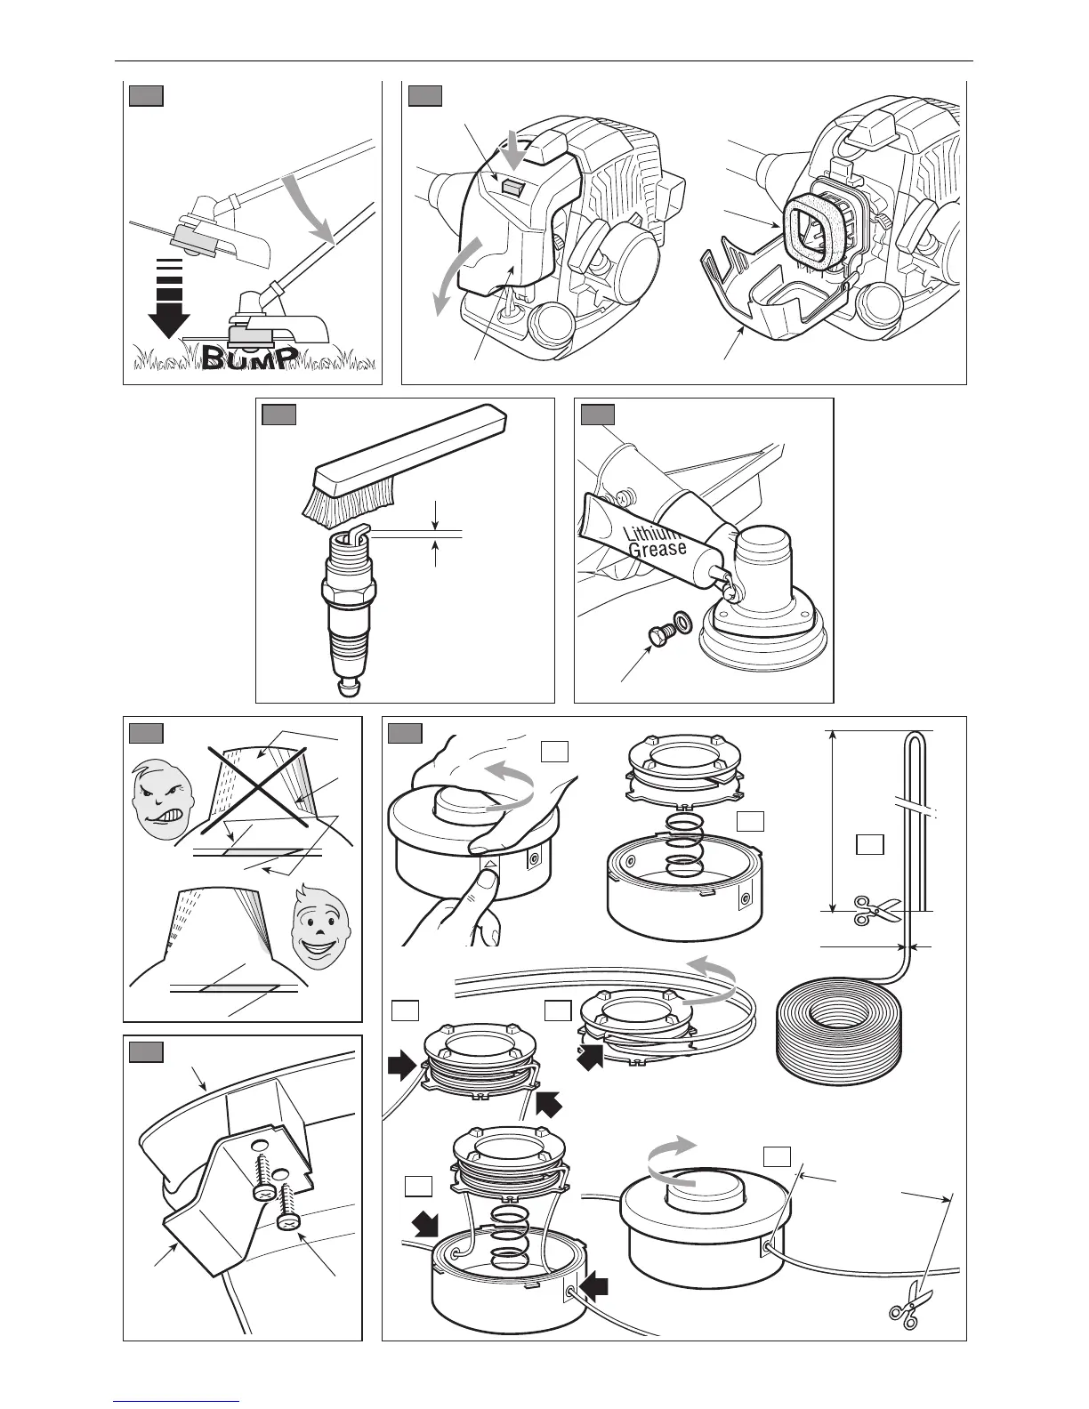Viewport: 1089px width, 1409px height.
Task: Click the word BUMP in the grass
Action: tap(248, 356)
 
